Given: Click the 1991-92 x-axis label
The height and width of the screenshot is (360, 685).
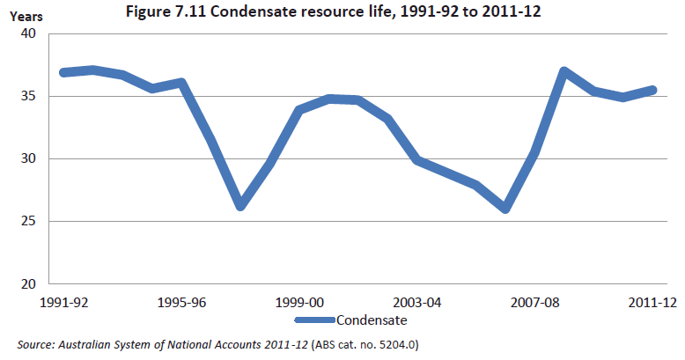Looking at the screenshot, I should point(64,302).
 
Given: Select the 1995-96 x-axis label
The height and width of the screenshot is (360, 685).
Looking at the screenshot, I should point(181,302).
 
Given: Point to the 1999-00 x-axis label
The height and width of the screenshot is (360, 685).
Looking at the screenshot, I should point(299,302).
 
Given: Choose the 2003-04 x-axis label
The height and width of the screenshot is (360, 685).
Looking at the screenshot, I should point(417,302).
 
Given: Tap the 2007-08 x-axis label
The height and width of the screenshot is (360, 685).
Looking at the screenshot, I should point(535,302).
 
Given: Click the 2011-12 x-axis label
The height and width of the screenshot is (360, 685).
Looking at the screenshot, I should point(652,302).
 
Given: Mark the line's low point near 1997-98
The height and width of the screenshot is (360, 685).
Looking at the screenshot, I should point(240,206).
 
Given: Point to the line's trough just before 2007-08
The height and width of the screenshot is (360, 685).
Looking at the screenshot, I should point(505,209).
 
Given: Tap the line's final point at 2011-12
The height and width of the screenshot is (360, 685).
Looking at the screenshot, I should point(652,90).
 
